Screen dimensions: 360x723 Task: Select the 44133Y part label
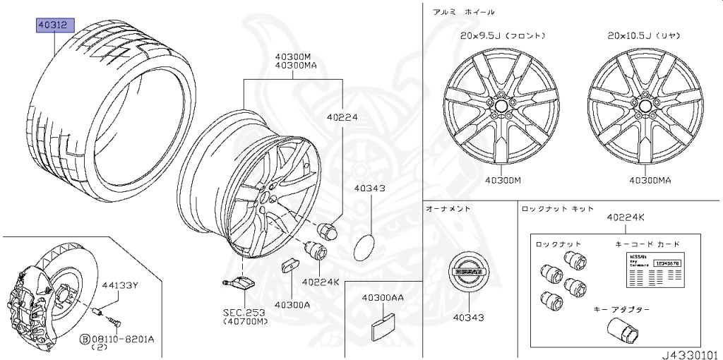coord(119,285)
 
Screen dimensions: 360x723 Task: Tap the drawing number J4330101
coord(690,353)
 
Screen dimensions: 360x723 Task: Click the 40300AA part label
coord(383,299)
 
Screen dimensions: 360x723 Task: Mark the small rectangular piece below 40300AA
coord(383,323)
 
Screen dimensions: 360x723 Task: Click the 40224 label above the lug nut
coord(343,118)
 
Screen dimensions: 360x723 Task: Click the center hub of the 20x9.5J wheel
coord(502,104)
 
